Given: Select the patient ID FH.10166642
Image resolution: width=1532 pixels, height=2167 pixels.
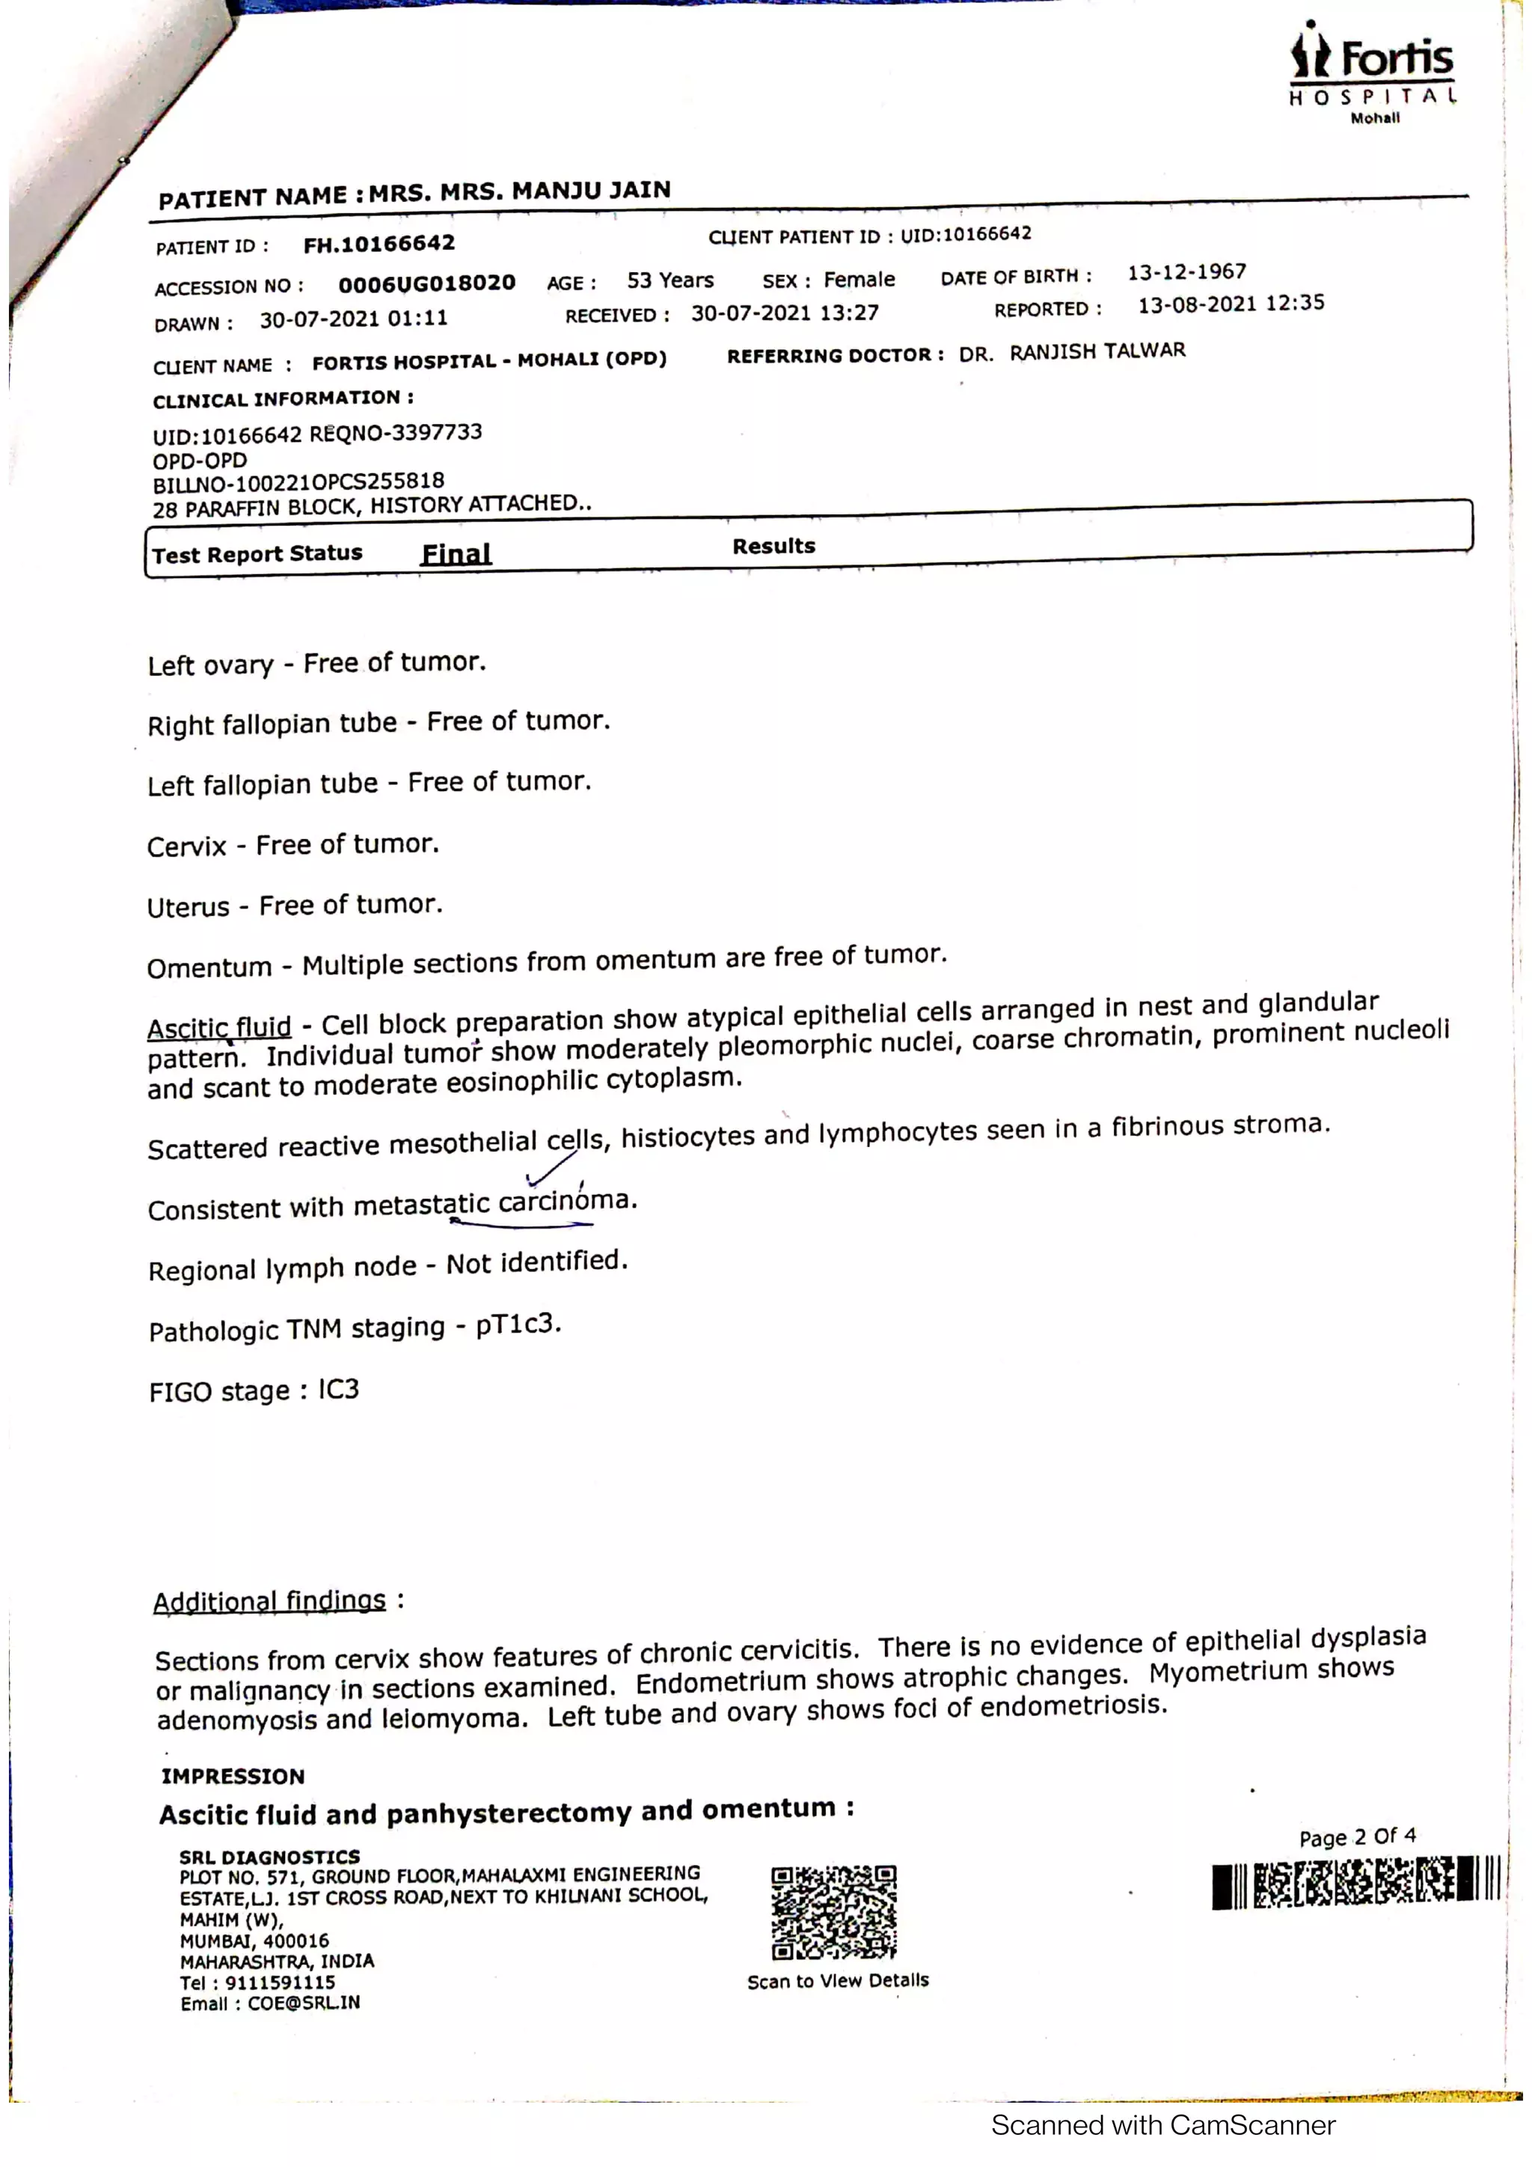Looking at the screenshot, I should [x=379, y=245].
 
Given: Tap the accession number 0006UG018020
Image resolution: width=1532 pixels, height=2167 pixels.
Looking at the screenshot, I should [x=426, y=283].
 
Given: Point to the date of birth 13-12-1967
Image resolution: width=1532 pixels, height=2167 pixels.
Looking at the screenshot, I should [x=1186, y=273].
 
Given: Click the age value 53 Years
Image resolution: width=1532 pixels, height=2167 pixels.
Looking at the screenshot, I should [x=670, y=280].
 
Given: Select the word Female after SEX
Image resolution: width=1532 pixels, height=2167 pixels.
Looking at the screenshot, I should [x=859, y=280].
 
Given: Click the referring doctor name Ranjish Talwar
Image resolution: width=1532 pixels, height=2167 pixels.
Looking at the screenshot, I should [x=1097, y=351].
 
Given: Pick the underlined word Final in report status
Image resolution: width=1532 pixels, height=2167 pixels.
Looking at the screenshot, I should [x=456, y=553].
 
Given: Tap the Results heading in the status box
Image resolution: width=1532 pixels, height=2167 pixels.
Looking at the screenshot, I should [x=773, y=546].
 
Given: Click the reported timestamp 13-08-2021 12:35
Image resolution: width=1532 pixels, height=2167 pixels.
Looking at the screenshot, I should [x=1231, y=304].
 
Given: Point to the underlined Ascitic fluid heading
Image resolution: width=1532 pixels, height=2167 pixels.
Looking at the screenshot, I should [x=219, y=1027].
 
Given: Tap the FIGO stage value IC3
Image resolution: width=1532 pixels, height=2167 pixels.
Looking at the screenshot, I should [x=339, y=1389].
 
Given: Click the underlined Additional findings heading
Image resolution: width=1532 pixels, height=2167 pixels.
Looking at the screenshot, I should [x=270, y=1601].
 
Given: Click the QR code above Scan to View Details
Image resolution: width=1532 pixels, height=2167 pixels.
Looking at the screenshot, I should [x=833, y=1911].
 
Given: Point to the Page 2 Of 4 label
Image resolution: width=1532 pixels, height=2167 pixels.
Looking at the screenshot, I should [x=1356, y=1837].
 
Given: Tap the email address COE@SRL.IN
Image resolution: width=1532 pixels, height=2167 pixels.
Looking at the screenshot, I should [x=303, y=2002].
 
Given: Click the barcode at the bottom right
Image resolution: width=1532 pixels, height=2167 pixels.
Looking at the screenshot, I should [x=1355, y=1883].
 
